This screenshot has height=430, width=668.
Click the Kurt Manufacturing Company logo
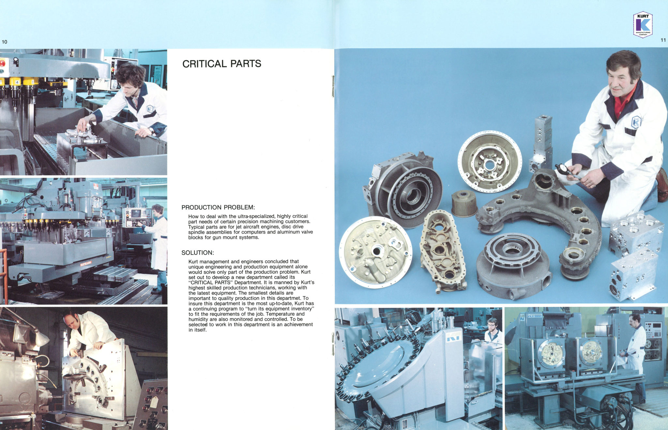click(x=643, y=24)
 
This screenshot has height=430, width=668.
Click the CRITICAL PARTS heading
click(x=222, y=64)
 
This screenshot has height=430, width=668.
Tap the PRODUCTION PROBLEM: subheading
click(x=218, y=207)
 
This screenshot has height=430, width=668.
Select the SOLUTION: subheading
click(x=198, y=253)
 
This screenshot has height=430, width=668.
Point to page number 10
click(x=5, y=42)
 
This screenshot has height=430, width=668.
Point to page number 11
click(x=663, y=40)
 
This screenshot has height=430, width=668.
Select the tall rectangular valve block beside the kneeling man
click(x=541, y=143)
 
